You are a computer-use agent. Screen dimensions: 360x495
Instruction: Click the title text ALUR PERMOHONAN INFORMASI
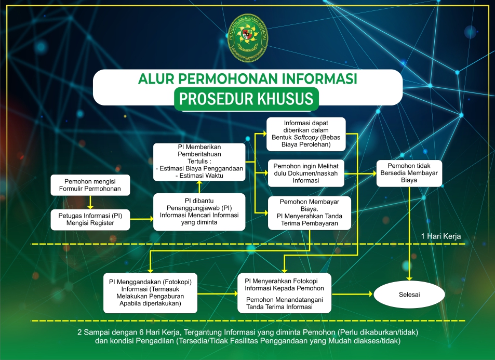point(247,79)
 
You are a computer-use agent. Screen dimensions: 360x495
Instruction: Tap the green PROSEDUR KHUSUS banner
point(247,98)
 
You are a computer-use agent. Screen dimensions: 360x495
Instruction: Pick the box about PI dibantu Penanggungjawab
point(199,212)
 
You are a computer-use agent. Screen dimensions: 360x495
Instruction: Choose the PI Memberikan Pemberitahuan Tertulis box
point(199,162)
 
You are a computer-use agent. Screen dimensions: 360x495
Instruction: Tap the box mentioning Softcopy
point(306,133)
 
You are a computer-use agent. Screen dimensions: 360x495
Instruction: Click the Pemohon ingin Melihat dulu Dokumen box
point(306,172)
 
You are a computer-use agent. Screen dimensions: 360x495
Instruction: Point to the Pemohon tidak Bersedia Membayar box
point(409,172)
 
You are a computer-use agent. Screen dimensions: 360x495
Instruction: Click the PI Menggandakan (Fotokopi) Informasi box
point(150,293)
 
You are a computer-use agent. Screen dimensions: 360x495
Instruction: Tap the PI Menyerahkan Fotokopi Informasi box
point(284,293)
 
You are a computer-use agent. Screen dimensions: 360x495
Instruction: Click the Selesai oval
point(409,294)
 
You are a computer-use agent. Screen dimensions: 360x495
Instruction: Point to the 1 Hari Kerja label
point(440,236)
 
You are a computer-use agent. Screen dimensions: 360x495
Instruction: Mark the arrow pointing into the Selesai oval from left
point(353,294)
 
